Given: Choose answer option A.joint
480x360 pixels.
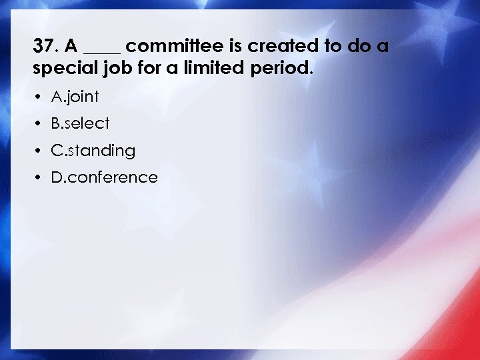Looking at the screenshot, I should pyautogui.click(x=75, y=97).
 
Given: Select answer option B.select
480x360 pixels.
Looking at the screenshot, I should pyautogui.click(x=80, y=123).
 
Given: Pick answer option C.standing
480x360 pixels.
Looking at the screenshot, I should pyautogui.click(x=93, y=151).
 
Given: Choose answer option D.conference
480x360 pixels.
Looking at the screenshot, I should pyautogui.click(x=104, y=177).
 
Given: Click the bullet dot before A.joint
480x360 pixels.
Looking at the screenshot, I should pyautogui.click(x=39, y=97).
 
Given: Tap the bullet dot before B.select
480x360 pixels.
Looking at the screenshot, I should pyautogui.click(x=39, y=124).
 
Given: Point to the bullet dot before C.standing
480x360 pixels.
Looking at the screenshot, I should pyautogui.click(x=39, y=151).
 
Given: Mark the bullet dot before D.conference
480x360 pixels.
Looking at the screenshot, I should pyautogui.click(x=39, y=177).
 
